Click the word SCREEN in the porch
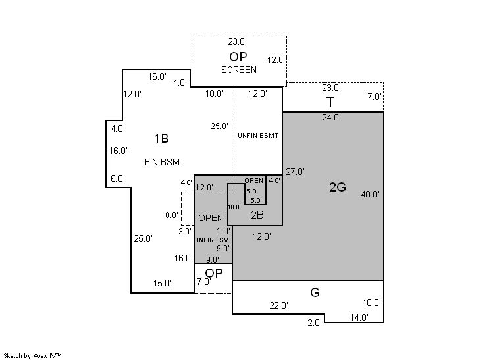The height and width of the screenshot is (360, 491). (x=239, y=70)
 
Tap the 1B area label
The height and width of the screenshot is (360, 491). (x=161, y=138)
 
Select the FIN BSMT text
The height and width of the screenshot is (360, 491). (x=165, y=162)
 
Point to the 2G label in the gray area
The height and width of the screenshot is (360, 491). (x=338, y=187)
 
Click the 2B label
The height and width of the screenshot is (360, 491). (x=257, y=215)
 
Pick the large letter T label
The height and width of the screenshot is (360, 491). (x=330, y=102)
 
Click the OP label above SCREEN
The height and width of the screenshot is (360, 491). (x=238, y=57)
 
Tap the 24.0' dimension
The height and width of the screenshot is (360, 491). (x=331, y=117)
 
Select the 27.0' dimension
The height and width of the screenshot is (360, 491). (x=295, y=172)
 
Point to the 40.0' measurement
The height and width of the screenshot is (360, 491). (x=370, y=194)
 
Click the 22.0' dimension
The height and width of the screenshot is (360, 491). (x=278, y=305)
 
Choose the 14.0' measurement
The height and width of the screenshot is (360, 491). (x=359, y=317)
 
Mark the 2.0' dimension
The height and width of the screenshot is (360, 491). (x=315, y=322)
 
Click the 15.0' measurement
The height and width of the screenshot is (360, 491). (x=162, y=283)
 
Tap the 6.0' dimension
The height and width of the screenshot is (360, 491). (x=118, y=178)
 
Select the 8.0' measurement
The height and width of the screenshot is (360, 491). (x=172, y=215)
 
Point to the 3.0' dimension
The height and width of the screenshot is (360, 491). (x=185, y=232)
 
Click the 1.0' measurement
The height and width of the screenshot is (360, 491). (x=223, y=232)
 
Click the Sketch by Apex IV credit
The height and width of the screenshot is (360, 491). (x=32, y=356)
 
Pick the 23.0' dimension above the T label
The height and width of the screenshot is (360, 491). (x=331, y=88)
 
